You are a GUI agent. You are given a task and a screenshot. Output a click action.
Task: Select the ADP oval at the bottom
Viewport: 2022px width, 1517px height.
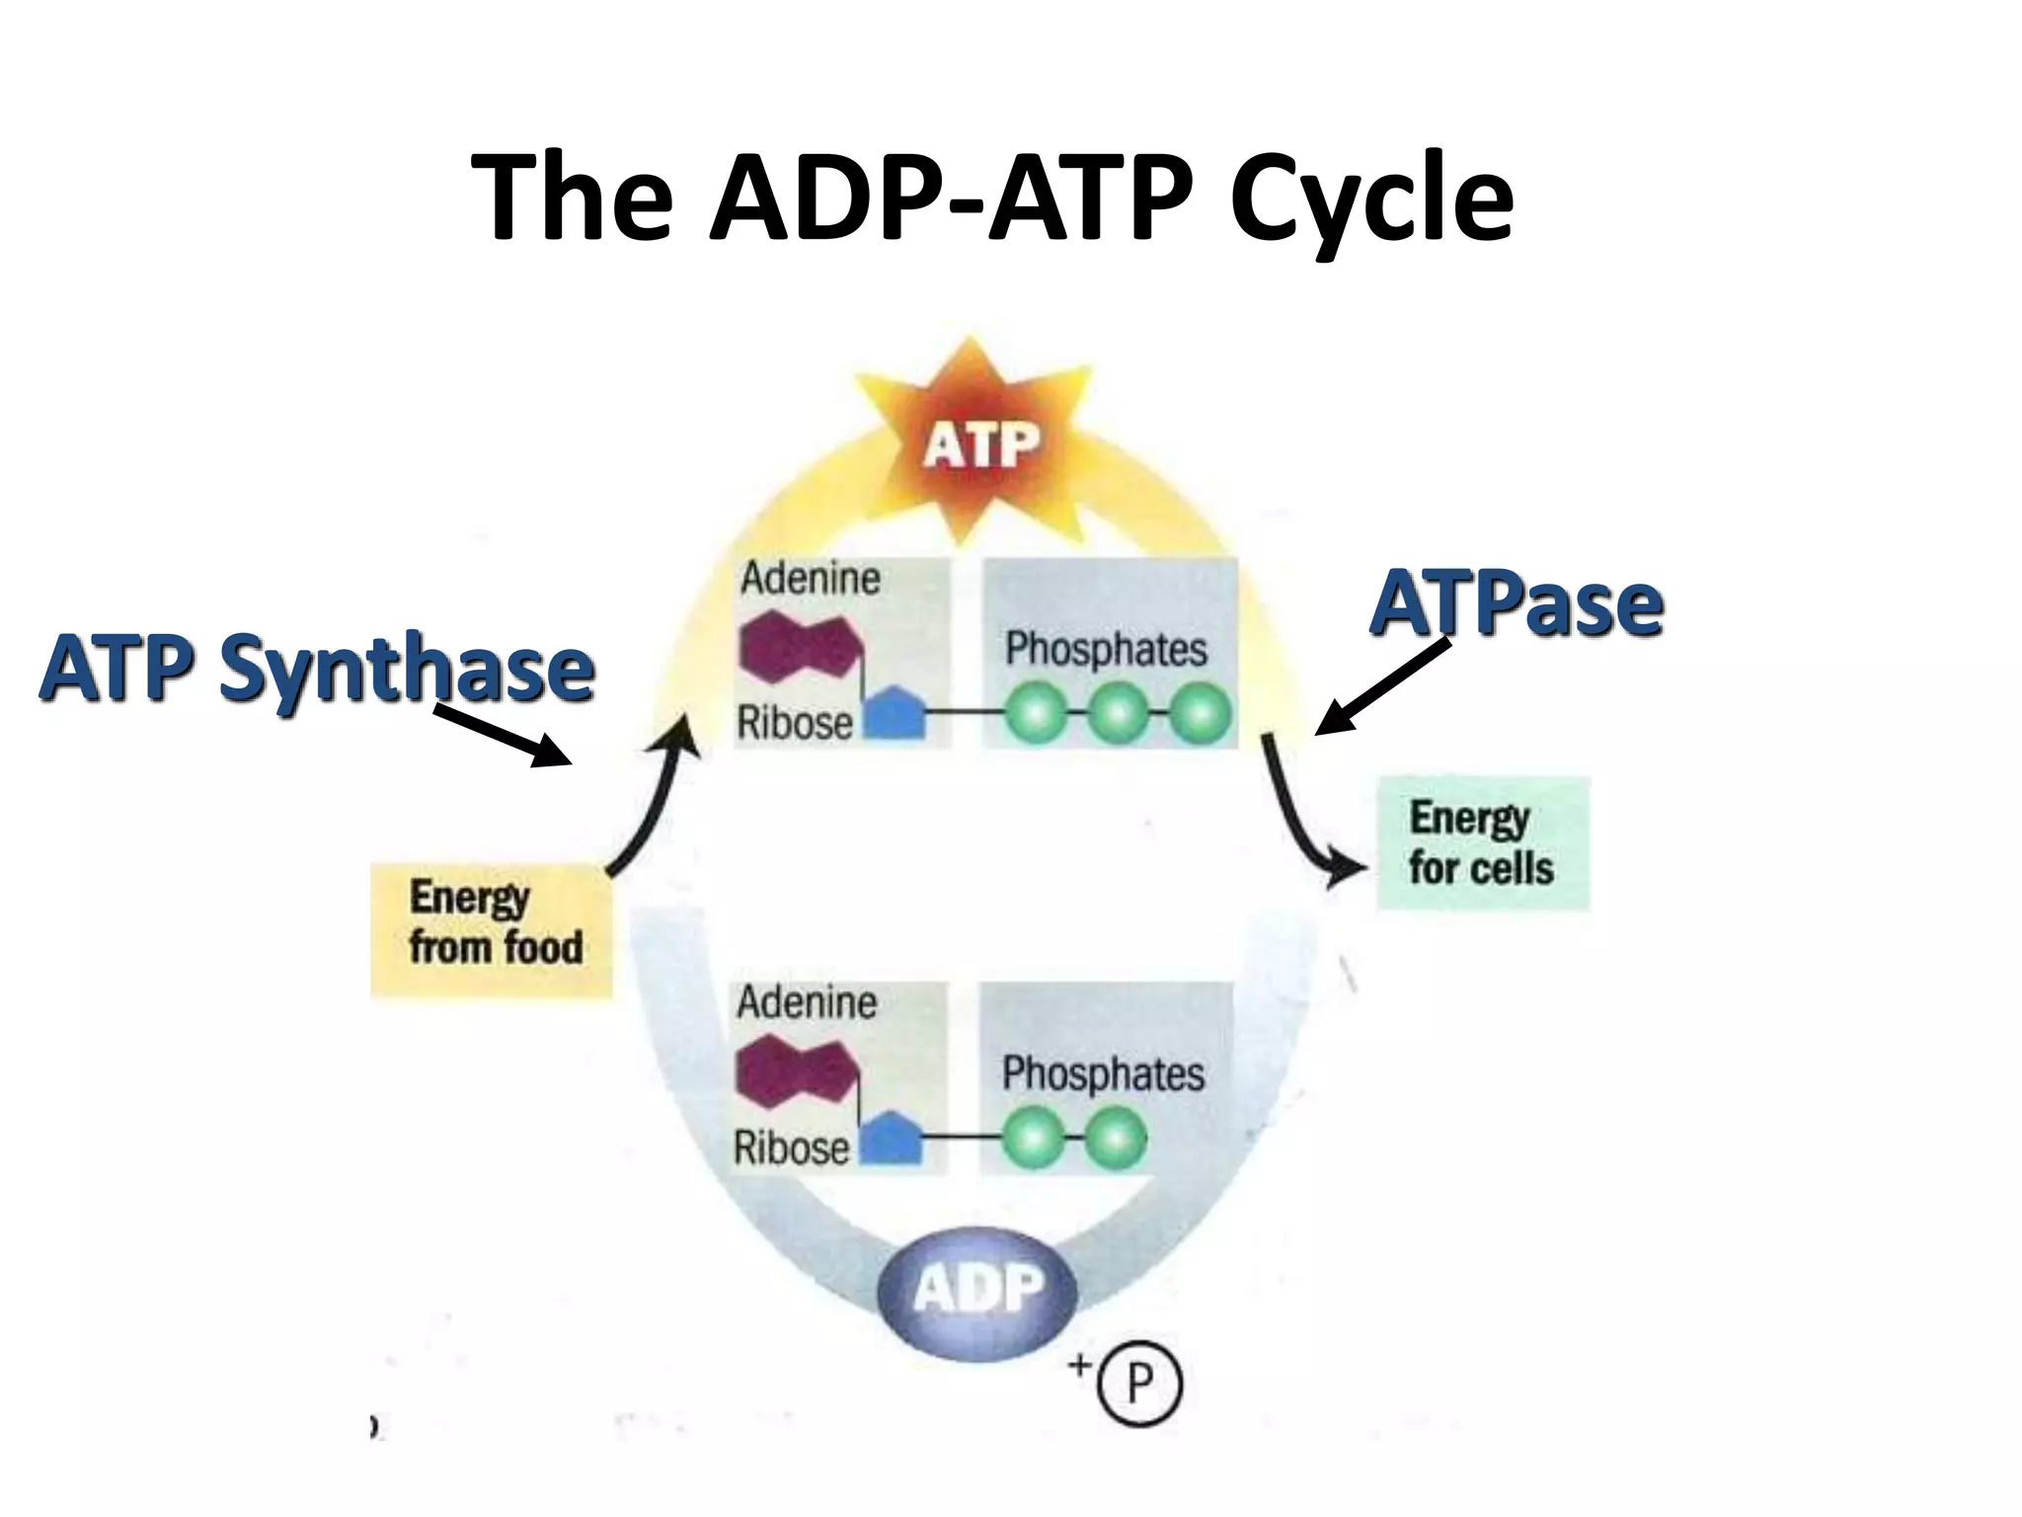tap(977, 1289)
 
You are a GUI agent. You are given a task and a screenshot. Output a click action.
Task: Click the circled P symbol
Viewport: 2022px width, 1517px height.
tap(1139, 1383)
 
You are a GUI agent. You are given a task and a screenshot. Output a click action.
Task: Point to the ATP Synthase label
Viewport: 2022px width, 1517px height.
tap(316, 668)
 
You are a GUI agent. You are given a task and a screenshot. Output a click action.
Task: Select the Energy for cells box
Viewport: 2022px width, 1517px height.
tap(1483, 842)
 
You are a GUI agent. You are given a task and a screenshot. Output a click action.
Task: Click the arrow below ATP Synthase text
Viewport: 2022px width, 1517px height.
tap(504, 736)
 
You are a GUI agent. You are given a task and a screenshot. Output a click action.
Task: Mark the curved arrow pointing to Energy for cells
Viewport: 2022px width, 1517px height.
tap(1303, 820)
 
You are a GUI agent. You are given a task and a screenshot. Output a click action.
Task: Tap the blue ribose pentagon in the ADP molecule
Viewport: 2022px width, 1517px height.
tap(892, 1141)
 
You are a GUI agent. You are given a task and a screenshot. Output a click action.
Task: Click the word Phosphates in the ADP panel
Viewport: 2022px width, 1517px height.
tap(1103, 1074)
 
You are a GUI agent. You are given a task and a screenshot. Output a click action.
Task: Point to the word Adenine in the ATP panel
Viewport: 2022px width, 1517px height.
tap(810, 579)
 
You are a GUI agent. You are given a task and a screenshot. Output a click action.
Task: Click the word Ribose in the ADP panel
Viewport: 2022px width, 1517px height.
tap(791, 1148)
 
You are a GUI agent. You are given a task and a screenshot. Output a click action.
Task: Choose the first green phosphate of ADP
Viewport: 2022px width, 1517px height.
tap(1033, 1139)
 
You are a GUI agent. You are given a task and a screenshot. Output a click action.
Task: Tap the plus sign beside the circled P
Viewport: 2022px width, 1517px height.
tap(1080, 1366)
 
